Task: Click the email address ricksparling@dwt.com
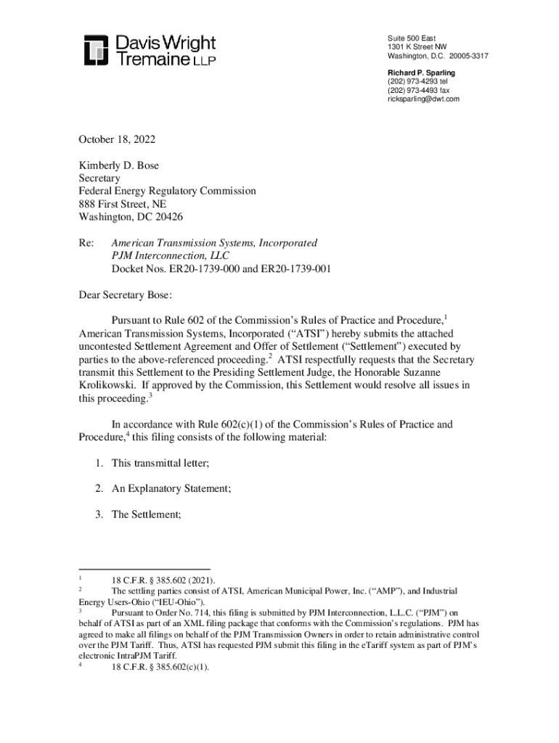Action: coord(423,99)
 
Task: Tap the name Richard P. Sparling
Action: coord(421,73)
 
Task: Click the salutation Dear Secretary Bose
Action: coord(126,295)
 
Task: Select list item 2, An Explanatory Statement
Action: coord(171,488)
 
